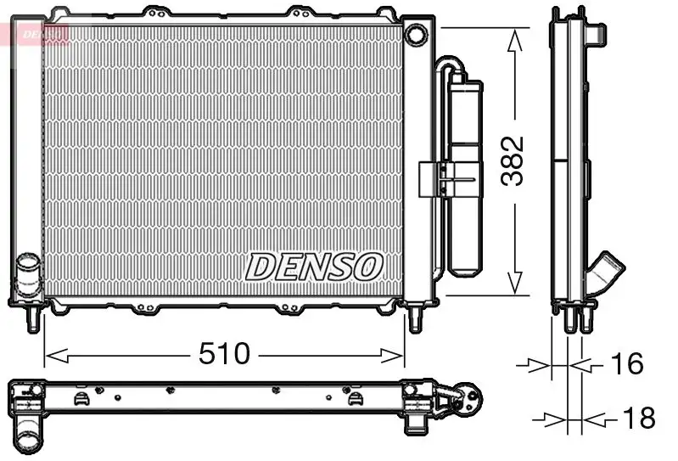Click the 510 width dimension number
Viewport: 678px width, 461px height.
coord(225,353)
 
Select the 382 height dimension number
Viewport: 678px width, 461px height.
coord(515,160)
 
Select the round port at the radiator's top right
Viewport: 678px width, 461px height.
coord(416,35)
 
